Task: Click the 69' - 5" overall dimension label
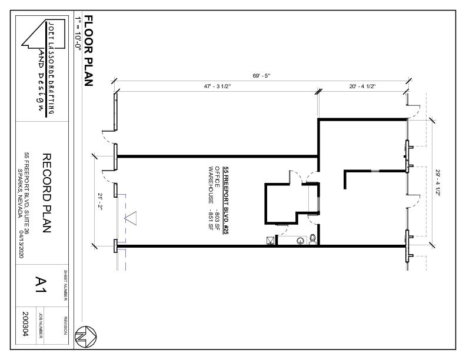[x=261, y=76]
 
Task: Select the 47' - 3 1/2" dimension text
[x=217, y=86]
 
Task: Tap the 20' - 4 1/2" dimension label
[x=362, y=86]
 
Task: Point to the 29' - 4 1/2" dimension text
[x=438, y=182]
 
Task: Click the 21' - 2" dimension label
[x=100, y=202]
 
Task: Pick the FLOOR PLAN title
[x=89, y=51]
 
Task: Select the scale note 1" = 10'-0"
[x=78, y=34]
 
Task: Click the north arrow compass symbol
[x=85, y=336]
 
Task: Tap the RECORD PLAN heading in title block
[x=46, y=193]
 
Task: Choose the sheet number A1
[x=41, y=285]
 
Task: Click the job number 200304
[x=26, y=324]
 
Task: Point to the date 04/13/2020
[x=21, y=244]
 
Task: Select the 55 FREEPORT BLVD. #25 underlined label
[x=226, y=201]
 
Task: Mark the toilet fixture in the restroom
[x=312, y=239]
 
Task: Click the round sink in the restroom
[x=301, y=241]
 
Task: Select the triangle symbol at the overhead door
[x=131, y=218]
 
